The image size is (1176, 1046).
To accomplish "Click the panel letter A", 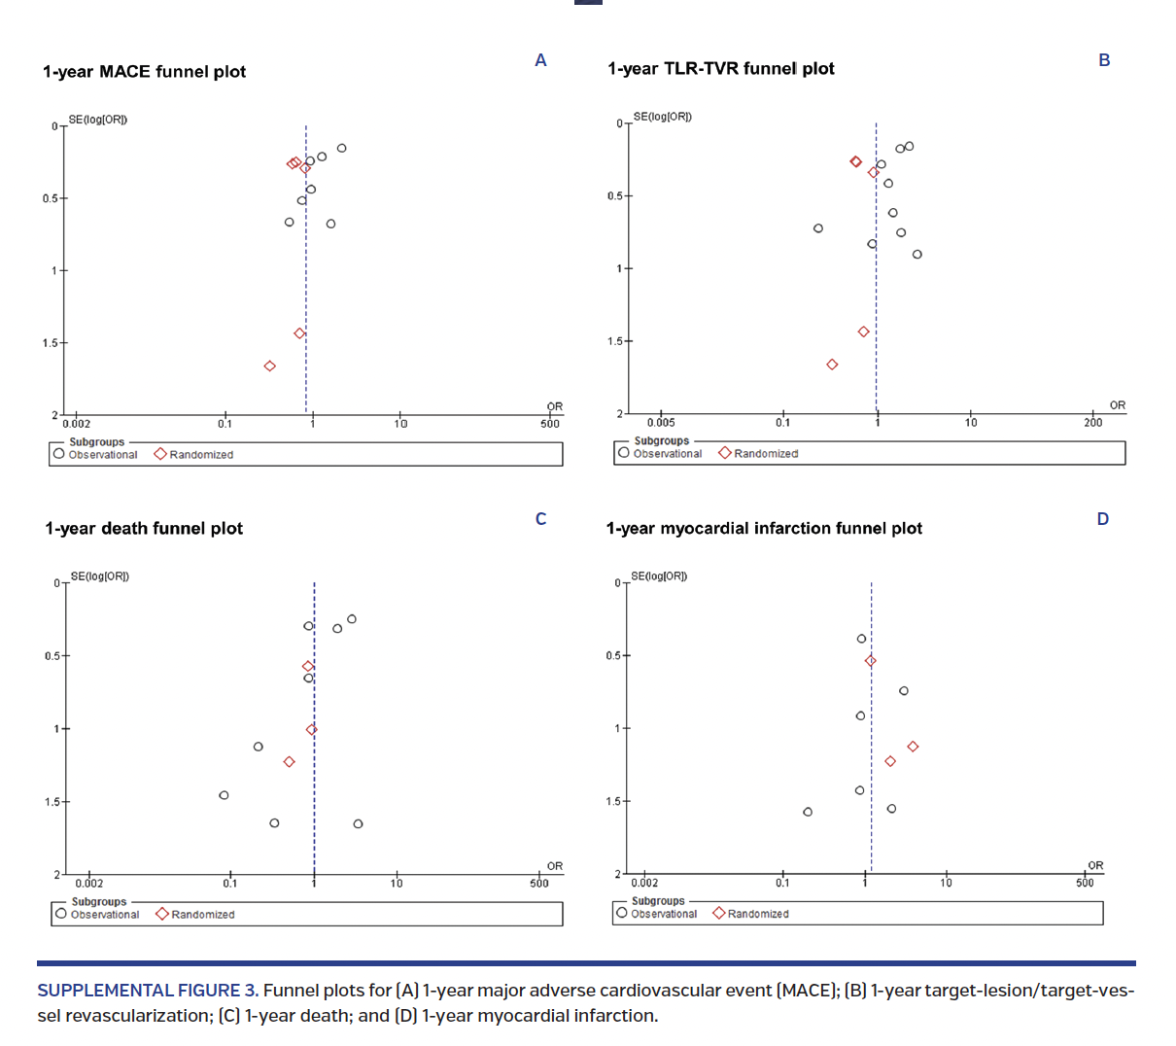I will [540, 60].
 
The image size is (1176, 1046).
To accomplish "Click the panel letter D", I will [1103, 519].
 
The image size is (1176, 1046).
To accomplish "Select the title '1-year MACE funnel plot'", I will [144, 72].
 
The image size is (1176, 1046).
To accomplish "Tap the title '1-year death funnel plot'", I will [144, 529].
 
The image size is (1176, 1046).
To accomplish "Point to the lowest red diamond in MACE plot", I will [270, 366].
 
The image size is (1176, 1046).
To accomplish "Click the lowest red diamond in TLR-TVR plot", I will [832, 365].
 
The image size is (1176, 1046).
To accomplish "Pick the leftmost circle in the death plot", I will [224, 795].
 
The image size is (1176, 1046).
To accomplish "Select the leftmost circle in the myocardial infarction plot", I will [808, 812].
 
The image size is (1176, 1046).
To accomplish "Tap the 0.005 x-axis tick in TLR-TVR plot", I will [661, 423].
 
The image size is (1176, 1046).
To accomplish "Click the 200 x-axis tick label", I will [1093, 423].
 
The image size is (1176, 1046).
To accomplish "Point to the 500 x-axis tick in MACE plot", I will [550, 424].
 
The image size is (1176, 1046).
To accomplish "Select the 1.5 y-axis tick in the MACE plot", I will [51, 343].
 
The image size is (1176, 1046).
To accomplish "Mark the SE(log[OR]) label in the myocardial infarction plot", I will [659, 576].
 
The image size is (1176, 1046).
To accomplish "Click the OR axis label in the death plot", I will [555, 866].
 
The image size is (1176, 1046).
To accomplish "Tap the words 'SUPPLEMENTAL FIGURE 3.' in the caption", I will [148, 991].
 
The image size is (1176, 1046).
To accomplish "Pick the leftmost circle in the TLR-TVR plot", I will [818, 228].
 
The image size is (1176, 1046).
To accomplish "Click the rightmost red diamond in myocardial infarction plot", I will [913, 747].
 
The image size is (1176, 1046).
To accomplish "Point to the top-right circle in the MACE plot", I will [342, 149].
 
